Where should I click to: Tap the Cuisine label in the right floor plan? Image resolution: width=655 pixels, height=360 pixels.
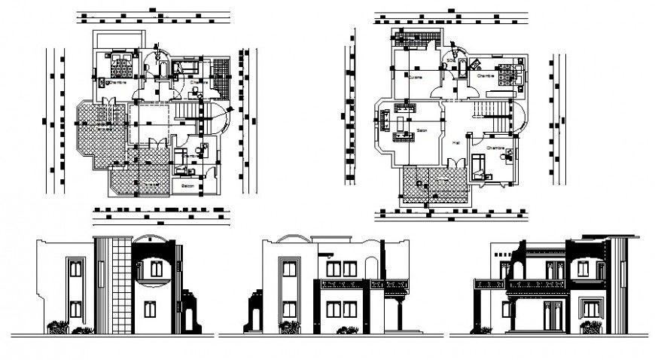pos(415,77)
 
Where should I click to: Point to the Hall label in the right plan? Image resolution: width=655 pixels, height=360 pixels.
pos(455,141)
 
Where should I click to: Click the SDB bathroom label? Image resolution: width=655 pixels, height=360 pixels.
pos(450,60)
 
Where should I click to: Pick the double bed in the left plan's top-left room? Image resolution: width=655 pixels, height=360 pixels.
pos(120,66)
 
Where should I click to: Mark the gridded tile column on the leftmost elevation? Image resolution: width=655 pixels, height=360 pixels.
pos(122,285)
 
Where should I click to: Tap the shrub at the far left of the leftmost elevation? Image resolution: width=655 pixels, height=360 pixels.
pos(57,328)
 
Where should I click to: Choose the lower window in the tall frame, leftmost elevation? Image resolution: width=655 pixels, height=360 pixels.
pos(75,309)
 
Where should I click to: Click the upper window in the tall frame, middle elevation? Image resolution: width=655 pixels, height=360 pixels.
pos(289,269)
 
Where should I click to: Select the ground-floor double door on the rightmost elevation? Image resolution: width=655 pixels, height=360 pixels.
pos(553,313)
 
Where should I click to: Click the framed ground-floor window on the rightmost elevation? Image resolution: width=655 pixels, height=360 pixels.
pos(591,309)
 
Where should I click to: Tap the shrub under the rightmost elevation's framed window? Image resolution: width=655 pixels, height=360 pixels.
pos(591,328)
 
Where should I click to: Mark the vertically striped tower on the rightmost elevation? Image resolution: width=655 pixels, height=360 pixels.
pos(618,282)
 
